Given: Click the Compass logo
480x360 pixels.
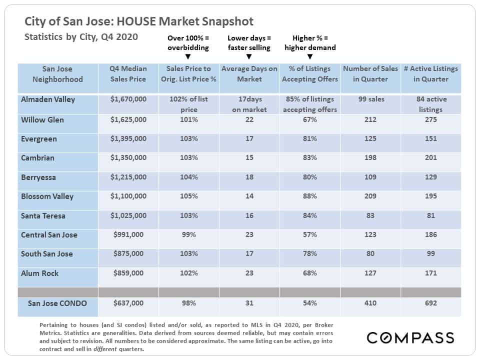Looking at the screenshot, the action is click(x=410, y=337).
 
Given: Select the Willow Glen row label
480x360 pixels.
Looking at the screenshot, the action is click(x=42, y=119).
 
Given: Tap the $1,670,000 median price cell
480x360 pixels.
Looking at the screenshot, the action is click(x=128, y=99).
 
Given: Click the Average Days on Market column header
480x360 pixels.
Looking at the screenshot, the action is click(x=249, y=74).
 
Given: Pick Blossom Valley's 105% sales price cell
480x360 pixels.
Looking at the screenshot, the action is click(x=188, y=196).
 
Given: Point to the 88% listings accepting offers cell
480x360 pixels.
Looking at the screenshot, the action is click(x=309, y=196).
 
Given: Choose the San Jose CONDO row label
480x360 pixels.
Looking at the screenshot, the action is click(x=57, y=303).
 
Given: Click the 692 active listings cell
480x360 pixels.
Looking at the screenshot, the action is click(x=430, y=303).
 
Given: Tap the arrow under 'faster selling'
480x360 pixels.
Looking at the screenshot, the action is click(x=249, y=56).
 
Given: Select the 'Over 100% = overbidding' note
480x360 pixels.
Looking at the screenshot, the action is click(x=188, y=43).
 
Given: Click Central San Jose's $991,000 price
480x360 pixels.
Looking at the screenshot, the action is click(x=128, y=235).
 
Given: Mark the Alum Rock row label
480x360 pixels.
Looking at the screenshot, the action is click(x=39, y=273).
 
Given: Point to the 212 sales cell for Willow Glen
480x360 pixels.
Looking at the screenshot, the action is click(x=370, y=119).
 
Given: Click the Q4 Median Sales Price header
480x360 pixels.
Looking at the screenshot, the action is click(x=128, y=74).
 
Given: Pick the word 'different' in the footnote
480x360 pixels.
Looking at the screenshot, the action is click(x=105, y=349).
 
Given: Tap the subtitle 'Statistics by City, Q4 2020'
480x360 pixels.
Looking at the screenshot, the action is click(x=81, y=37).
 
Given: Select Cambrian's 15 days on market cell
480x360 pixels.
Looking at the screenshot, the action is click(x=249, y=158).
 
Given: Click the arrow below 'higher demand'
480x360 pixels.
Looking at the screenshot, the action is click(x=310, y=56).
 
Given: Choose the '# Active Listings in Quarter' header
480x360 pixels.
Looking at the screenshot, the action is click(x=430, y=74).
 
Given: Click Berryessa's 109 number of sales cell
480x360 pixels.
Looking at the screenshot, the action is click(x=370, y=177).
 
